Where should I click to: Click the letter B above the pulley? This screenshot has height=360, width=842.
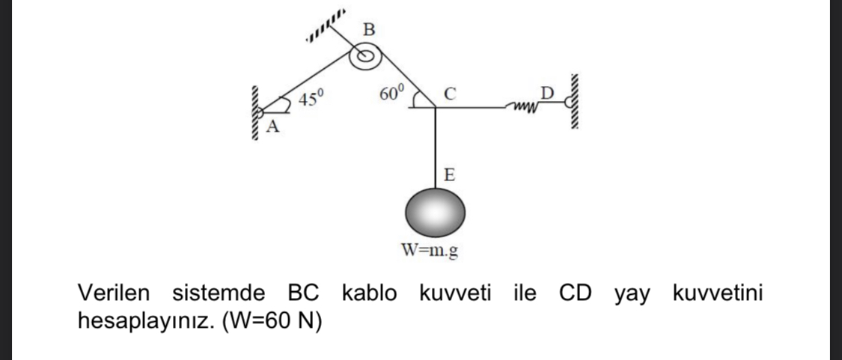click(367, 31)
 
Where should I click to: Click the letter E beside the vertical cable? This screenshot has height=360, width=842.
click(448, 175)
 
